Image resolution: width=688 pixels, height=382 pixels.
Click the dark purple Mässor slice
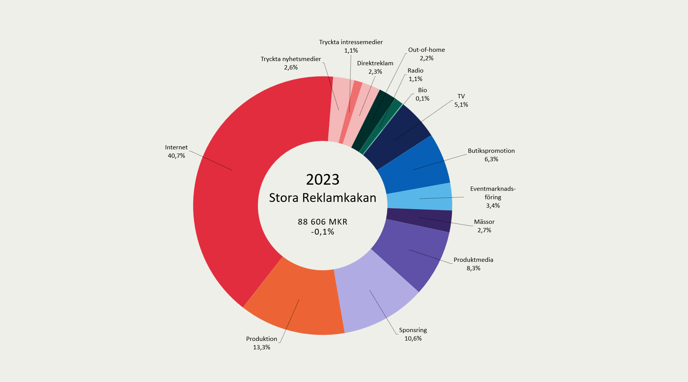pyautogui.click(x=419, y=220)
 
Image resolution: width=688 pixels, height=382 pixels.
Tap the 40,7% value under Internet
pyautogui.click(x=177, y=156)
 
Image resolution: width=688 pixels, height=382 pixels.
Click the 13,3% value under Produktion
pyautogui.click(x=262, y=347)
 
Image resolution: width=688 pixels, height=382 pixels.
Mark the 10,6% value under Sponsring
pyautogui.click(x=413, y=339)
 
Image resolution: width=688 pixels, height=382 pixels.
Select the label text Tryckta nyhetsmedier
pyautogui.click(x=291, y=59)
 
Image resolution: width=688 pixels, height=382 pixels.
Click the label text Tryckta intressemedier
pyautogui.click(x=351, y=42)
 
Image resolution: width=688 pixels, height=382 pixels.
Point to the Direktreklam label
pyautogui.click(x=375, y=63)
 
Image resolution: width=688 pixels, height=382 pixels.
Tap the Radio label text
pyautogui.click(x=415, y=71)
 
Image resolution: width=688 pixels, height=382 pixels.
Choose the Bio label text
pyautogui.click(x=422, y=90)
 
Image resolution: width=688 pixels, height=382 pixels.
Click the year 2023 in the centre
pyautogui.click(x=323, y=180)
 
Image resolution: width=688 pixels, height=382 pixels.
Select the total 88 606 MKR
pyautogui.click(x=323, y=222)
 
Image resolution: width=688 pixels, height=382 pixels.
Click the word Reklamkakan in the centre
pyautogui.click(x=339, y=198)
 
